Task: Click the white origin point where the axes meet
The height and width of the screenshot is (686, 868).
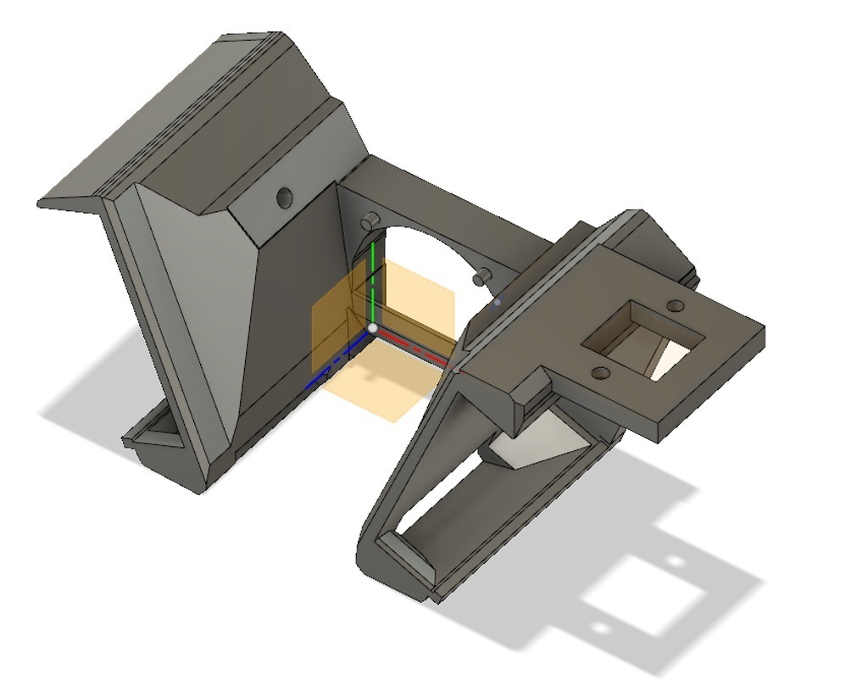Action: point(372,328)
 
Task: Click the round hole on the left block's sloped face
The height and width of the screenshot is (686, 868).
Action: point(284,198)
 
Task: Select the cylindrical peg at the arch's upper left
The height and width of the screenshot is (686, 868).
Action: point(369,222)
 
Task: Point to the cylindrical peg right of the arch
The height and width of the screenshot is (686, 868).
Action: point(482,277)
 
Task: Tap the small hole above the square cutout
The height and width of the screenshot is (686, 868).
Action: point(676,305)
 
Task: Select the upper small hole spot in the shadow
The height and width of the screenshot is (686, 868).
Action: point(675,561)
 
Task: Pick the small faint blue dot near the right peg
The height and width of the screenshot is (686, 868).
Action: point(498,301)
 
